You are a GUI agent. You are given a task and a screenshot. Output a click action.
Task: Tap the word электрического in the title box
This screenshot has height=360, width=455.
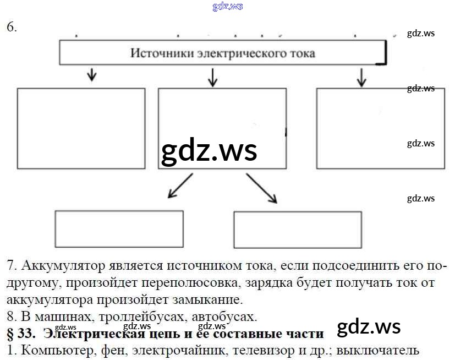pos(232,53)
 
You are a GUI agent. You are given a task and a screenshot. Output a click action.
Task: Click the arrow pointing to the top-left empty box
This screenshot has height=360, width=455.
pos(92,75)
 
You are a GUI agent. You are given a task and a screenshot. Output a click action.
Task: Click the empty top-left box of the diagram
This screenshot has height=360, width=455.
pos(81,128)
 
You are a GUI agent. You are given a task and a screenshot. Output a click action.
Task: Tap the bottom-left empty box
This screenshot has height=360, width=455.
pos(119,229)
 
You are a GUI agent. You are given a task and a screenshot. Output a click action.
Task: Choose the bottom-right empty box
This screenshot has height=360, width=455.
pos(298,230)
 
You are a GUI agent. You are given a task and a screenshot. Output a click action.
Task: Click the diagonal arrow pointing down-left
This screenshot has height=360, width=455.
pos(180,186)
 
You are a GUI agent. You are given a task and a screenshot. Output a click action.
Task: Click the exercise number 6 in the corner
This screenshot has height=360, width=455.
pos(12,28)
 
